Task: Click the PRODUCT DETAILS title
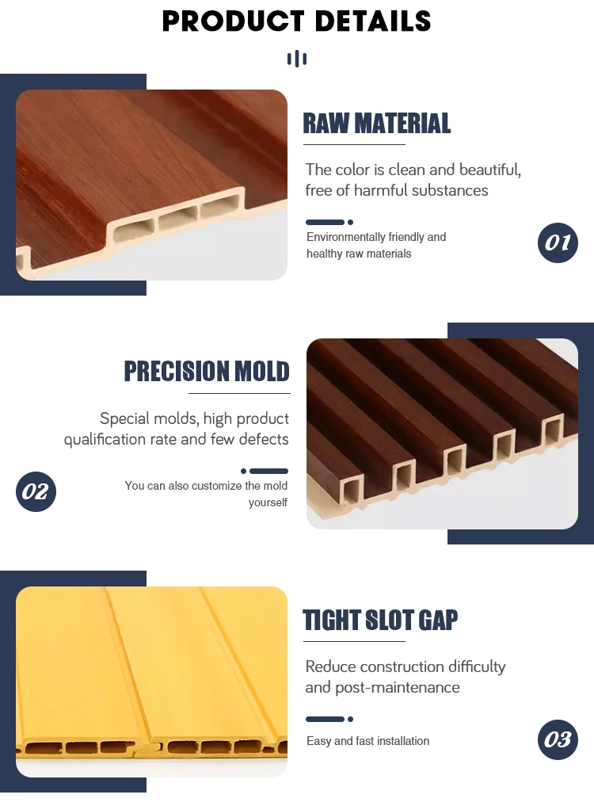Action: click(x=296, y=21)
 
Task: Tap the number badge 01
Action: click(x=558, y=242)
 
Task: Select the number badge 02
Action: click(x=36, y=491)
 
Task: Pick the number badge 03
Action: click(x=558, y=739)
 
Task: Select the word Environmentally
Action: click(x=346, y=237)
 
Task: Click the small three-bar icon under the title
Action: click(x=296, y=59)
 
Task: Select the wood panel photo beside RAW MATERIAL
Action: click(x=151, y=185)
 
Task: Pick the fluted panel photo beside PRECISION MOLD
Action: click(x=442, y=434)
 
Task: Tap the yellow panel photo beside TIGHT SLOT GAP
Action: click(x=151, y=681)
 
